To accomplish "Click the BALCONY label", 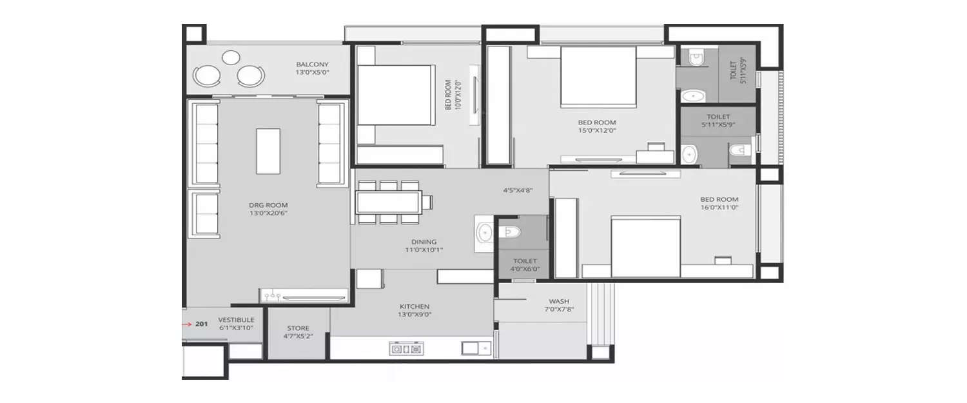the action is point(312,64).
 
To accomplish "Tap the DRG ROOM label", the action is point(268,205).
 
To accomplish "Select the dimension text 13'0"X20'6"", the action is point(268,213).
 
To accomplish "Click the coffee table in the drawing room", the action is point(268,151).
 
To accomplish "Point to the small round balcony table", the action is point(231,57).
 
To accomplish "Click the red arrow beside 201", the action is point(186,324).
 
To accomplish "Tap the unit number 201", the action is point(202,324).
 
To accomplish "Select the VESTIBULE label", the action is point(236,320).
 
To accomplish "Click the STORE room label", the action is point(298,328).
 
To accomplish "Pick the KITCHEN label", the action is point(415,307).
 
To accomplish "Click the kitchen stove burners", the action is point(406,349).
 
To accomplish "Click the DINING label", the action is point(424,242).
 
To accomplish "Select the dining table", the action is point(389,202).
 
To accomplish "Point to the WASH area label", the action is point(559,302).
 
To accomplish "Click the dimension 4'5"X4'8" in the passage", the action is point(518,190).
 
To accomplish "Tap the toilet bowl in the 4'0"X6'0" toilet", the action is point(510,232).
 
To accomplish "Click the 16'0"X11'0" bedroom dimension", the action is point(719,208).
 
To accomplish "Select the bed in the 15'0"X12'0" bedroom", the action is point(598,76).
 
